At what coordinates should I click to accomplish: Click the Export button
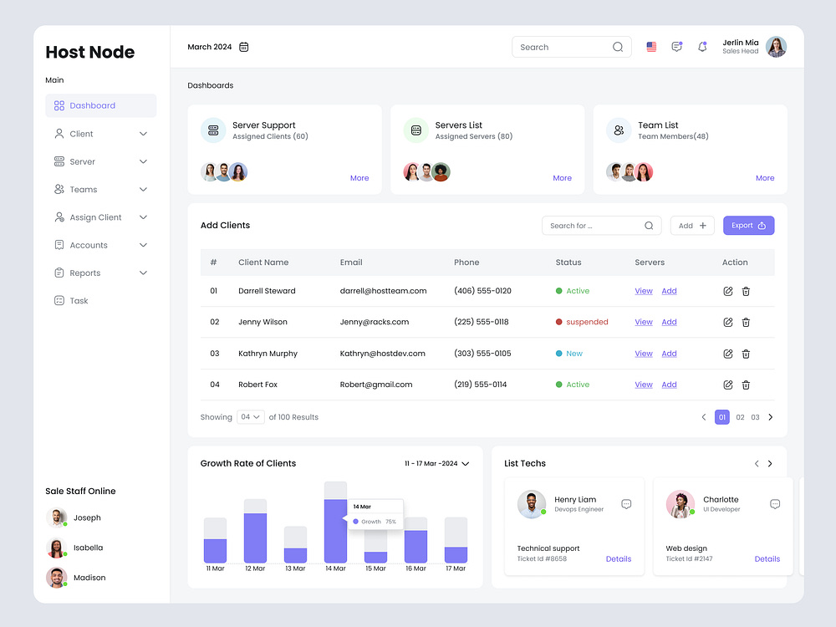(x=748, y=226)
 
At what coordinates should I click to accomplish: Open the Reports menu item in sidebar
(x=85, y=273)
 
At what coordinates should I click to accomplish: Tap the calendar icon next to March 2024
(x=244, y=47)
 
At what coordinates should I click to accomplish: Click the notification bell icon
(x=702, y=47)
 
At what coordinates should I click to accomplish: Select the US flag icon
(x=651, y=47)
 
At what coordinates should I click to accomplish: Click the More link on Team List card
(x=765, y=178)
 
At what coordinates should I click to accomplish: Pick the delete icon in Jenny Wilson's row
(x=746, y=322)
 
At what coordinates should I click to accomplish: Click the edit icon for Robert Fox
(x=728, y=385)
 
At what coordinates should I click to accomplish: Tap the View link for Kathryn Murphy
(x=644, y=354)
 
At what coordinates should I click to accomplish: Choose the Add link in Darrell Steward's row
(x=669, y=291)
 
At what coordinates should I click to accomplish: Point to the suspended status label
(x=587, y=322)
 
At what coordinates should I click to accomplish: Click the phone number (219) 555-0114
(x=480, y=385)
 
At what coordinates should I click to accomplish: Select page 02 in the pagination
(x=740, y=417)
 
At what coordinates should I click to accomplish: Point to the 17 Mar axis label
(x=456, y=568)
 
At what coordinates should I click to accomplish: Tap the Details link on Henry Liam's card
(x=619, y=559)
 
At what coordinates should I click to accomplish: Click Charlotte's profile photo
(x=680, y=504)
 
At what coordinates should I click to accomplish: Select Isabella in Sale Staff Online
(x=88, y=548)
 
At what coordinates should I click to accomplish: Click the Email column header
(x=351, y=263)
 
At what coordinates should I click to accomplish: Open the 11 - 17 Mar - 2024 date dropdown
(x=437, y=463)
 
